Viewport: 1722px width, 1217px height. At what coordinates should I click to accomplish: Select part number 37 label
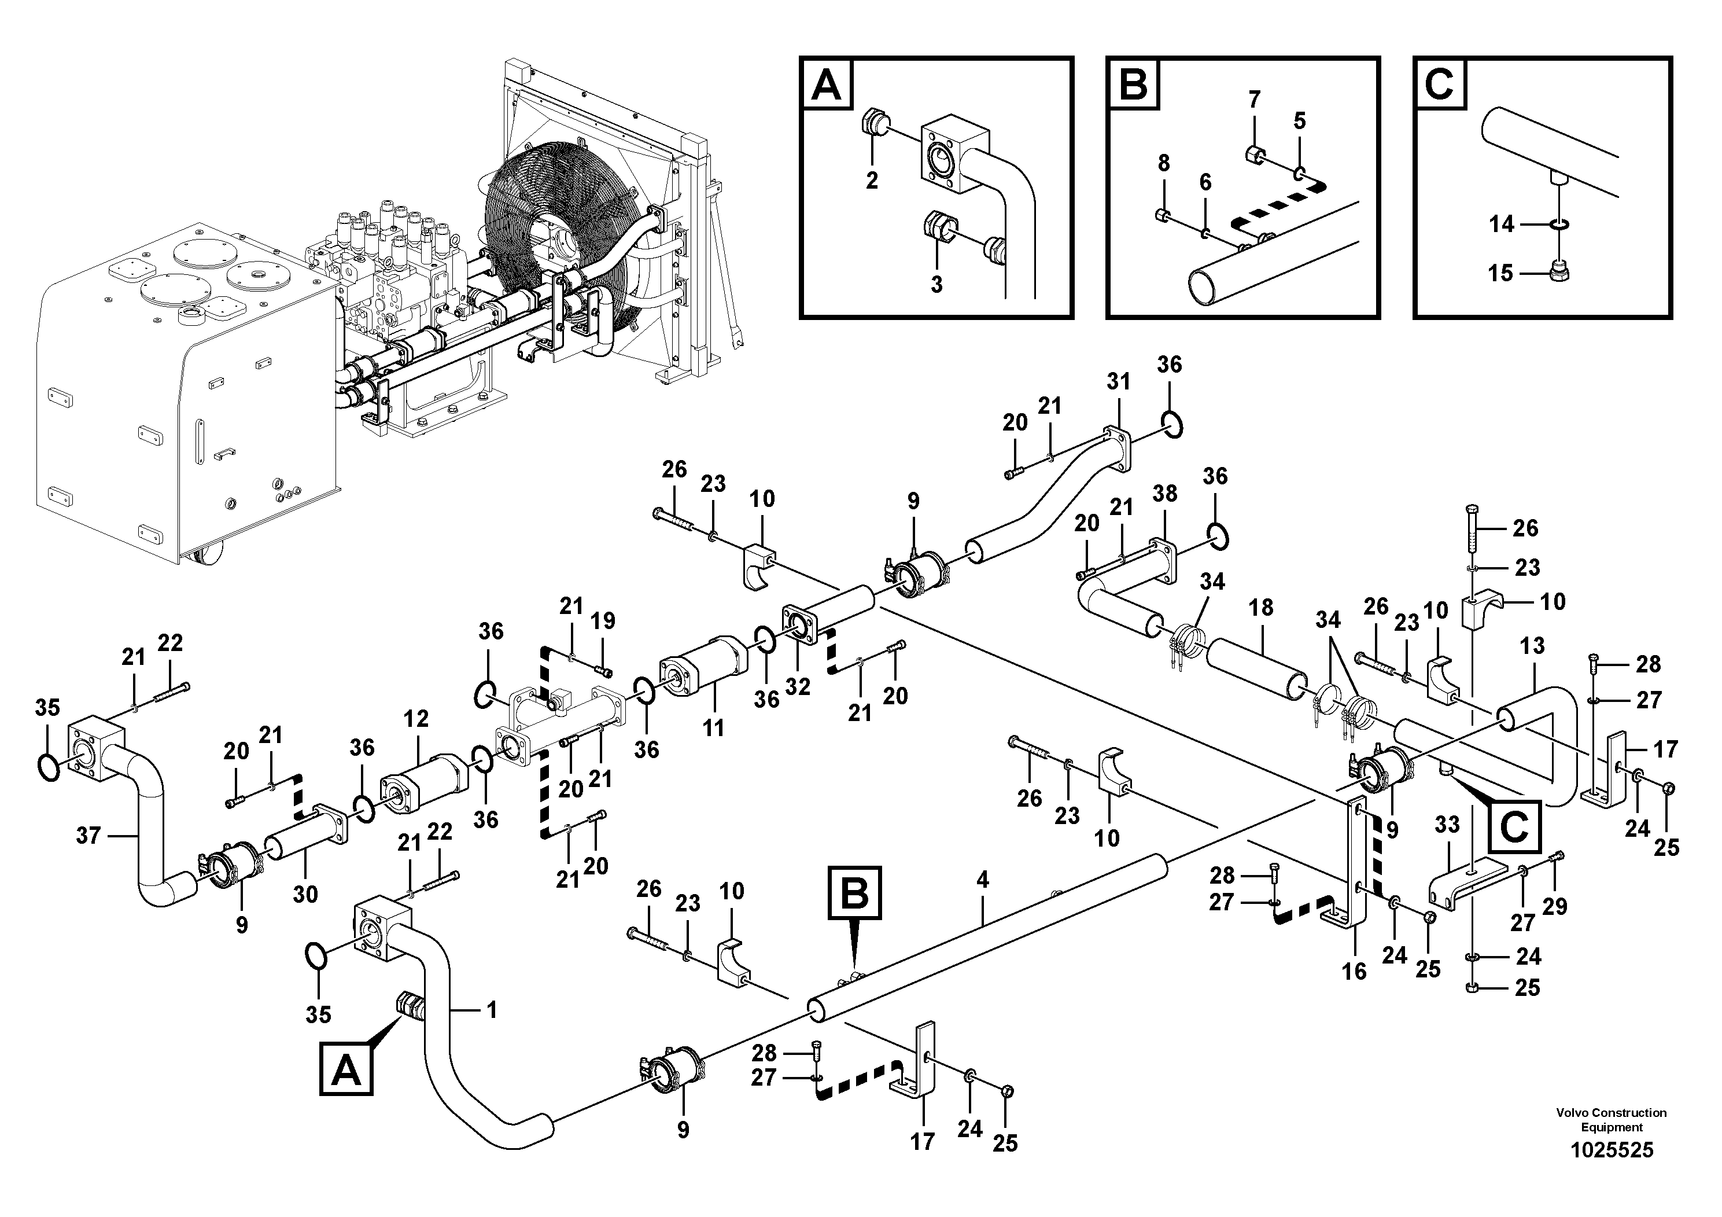[89, 835]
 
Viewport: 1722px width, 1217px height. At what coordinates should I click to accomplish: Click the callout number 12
[416, 718]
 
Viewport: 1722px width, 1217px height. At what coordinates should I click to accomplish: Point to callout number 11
[713, 727]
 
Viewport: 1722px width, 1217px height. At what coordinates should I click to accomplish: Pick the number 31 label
[1118, 381]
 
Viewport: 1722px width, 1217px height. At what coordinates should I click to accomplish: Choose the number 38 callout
[1165, 493]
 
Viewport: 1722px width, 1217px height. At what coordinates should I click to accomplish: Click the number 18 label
[1261, 607]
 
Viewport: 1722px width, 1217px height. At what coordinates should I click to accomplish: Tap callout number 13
[1532, 645]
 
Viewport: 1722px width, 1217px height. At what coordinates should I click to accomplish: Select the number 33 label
[1447, 825]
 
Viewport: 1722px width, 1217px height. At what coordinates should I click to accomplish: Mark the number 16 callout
[1354, 972]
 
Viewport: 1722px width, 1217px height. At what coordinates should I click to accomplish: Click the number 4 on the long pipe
[983, 880]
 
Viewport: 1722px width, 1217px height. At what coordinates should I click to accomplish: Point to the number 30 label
[305, 894]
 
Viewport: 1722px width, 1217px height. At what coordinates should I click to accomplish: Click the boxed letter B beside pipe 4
[854, 893]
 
